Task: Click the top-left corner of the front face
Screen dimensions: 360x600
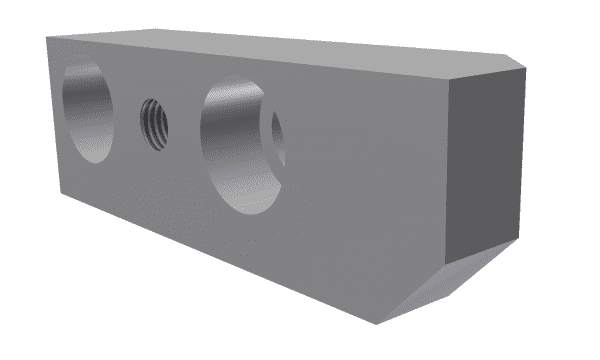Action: click(x=47, y=36)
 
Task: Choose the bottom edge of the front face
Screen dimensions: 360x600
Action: click(x=220, y=260)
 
